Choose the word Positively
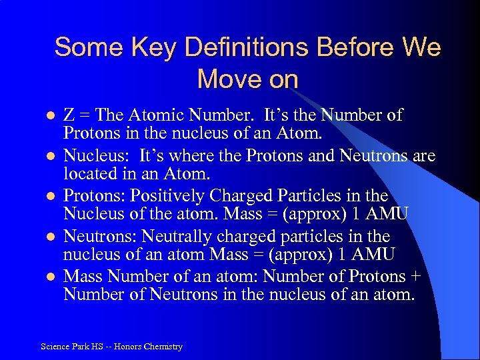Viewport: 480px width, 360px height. point(167,197)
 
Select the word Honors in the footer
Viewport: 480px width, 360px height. point(128,347)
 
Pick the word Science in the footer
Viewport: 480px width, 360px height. point(55,347)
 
